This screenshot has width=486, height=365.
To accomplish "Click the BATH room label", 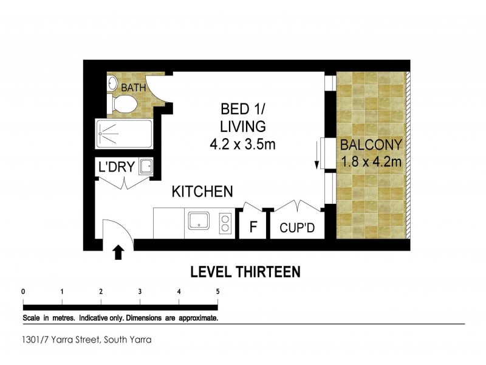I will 133,88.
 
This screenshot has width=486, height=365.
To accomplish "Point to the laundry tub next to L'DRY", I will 146,166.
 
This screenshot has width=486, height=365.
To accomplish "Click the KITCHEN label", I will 202,192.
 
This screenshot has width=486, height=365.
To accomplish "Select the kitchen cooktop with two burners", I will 225,223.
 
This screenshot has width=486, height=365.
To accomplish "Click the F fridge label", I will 253,229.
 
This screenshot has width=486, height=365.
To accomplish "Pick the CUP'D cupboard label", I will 296,229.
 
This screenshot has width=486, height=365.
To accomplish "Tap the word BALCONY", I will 371,145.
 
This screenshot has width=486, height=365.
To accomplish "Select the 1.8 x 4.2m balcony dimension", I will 371,162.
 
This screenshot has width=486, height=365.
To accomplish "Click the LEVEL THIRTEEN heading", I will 245,272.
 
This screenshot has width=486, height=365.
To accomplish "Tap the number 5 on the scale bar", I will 217,291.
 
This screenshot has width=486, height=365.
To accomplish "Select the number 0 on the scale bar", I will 23,291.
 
